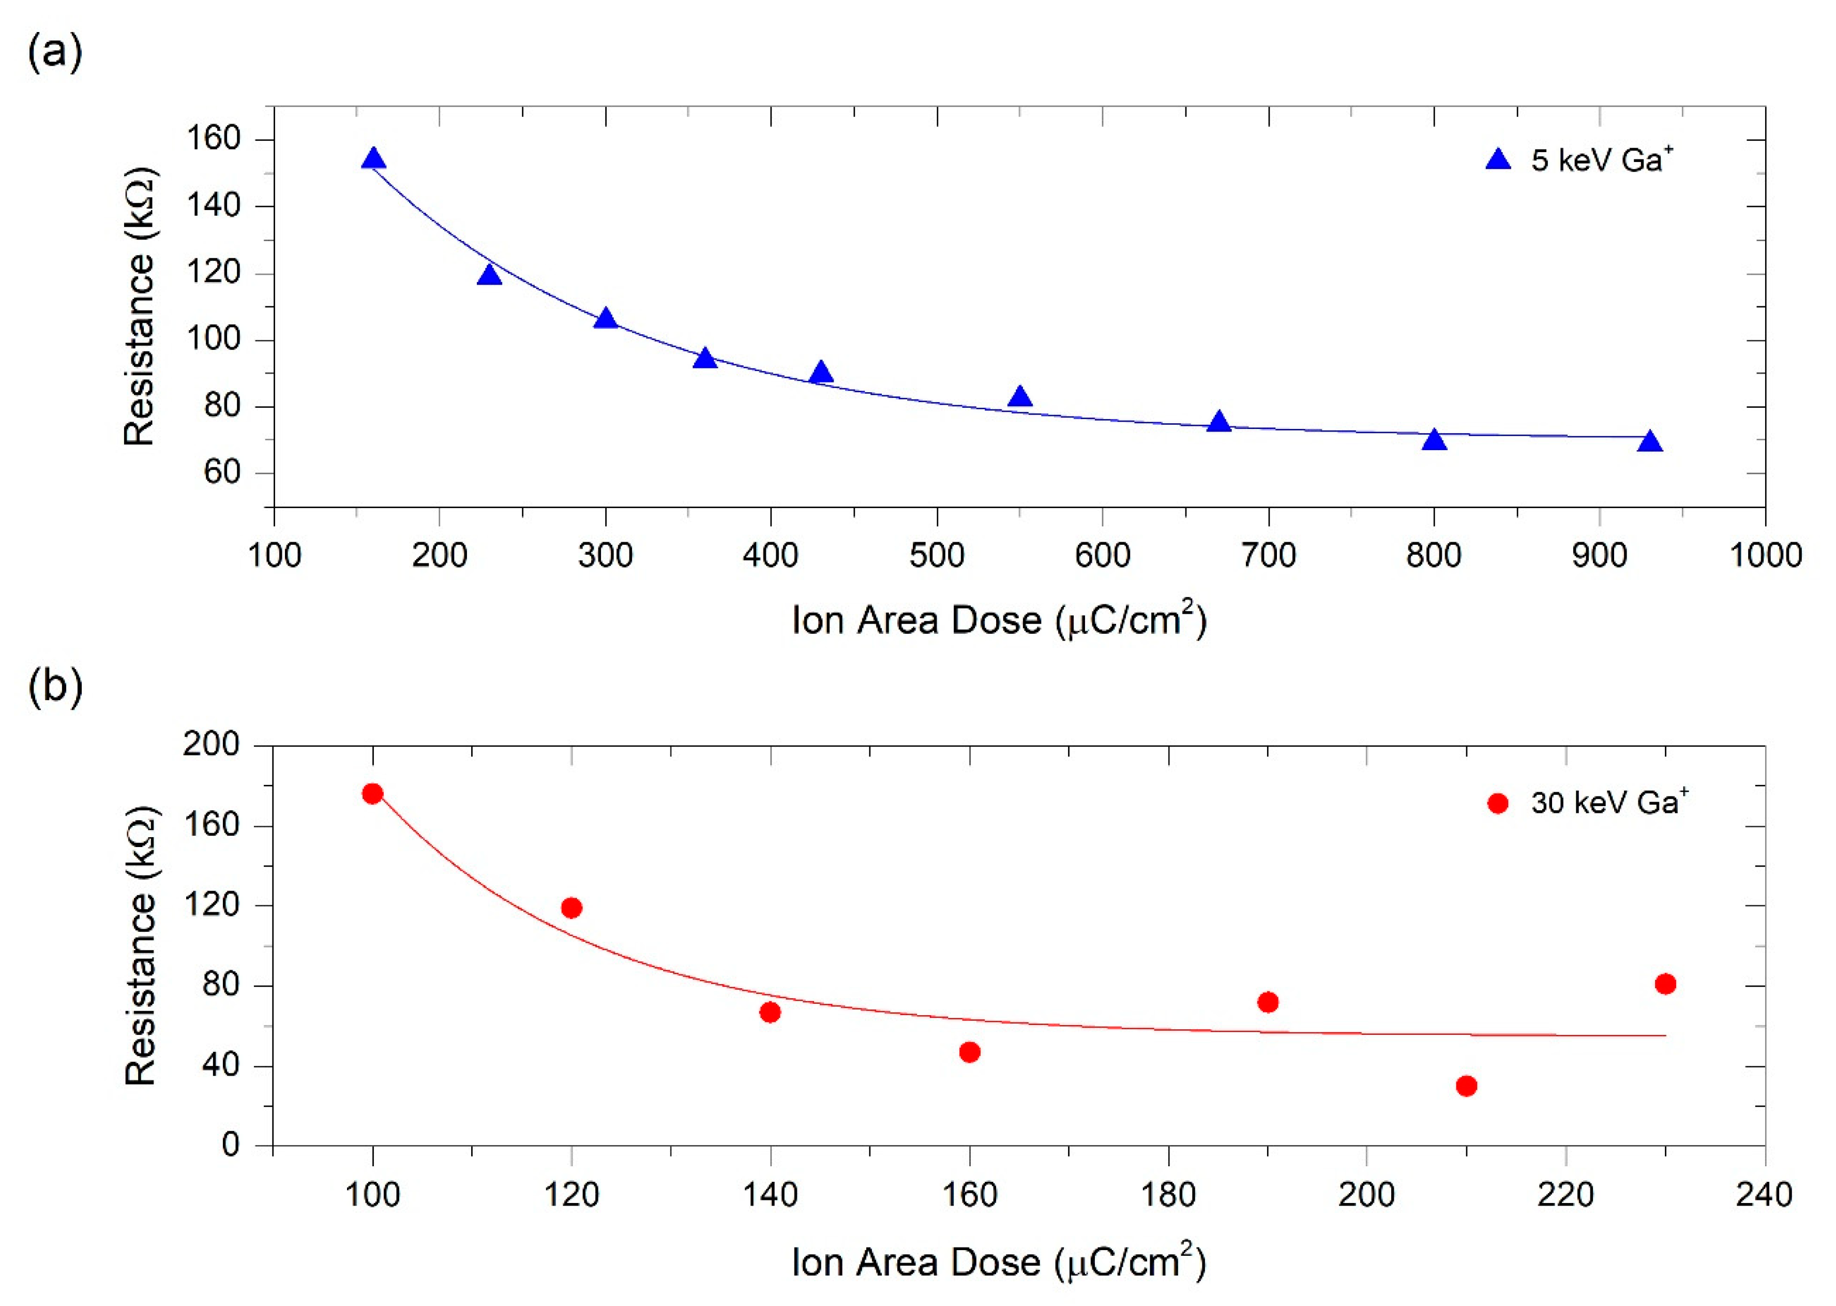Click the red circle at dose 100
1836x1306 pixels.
pos(372,794)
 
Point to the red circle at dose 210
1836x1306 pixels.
pos(1466,1086)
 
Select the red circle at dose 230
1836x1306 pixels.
pos(1665,984)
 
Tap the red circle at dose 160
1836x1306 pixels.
pos(969,1052)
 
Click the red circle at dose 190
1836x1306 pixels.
pos(1268,1002)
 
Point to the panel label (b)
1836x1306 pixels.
pos(55,688)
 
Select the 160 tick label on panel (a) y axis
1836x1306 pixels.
pos(213,139)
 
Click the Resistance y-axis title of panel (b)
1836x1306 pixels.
pos(141,946)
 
